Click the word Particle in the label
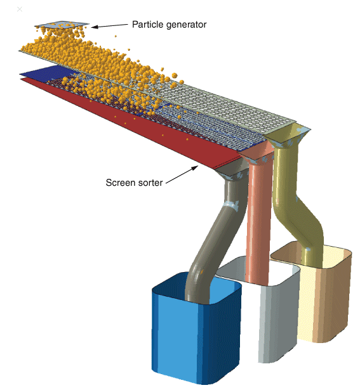pyautogui.click(x=148, y=24)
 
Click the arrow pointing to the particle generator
pyautogui.click(x=109, y=26)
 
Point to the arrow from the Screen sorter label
pyautogui.click(x=182, y=175)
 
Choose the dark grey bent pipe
pyautogui.click(x=219, y=237)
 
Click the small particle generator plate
pyautogui.click(x=62, y=25)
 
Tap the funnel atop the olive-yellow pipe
pyautogui.click(x=289, y=136)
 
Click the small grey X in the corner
pyautogui.click(x=20, y=10)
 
